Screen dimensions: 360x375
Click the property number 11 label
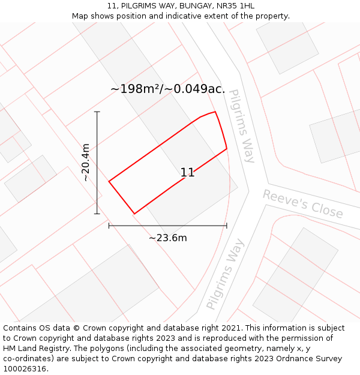click(187, 173)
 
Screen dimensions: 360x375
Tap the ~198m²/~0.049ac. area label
click(167, 89)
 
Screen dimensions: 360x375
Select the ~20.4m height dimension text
click(86, 163)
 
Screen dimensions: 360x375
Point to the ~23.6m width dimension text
click(168, 238)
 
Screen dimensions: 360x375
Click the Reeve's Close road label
click(303, 204)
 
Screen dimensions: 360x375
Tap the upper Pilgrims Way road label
click(242, 126)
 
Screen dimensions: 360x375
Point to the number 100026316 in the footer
click(24, 369)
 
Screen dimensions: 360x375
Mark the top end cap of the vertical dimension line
click(97, 112)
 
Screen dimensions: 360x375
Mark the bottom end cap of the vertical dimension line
click(97, 214)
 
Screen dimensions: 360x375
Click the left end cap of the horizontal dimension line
click(109, 226)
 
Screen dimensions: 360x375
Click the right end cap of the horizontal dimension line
click(227, 226)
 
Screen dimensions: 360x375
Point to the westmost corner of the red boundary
click(109, 181)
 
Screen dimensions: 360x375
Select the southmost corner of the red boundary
click(134, 214)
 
